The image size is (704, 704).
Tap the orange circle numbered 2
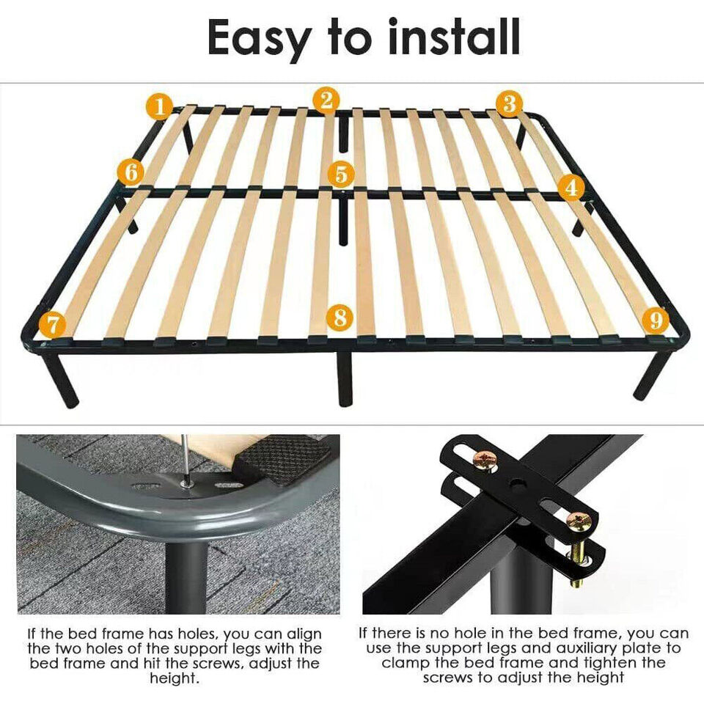[326, 100]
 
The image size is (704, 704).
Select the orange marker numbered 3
[510, 103]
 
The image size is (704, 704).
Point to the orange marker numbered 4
[571, 187]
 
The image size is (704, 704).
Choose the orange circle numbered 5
[341, 174]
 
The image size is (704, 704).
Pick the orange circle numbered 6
[131, 172]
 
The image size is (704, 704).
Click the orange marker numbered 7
[53, 324]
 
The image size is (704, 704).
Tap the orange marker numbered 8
[340, 318]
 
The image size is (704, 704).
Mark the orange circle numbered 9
[656, 320]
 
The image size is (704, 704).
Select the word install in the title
[454, 37]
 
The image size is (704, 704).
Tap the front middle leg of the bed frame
[345, 378]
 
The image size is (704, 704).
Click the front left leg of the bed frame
[60, 381]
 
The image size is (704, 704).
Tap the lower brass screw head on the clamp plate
[579, 521]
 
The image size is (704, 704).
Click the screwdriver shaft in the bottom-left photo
[183, 458]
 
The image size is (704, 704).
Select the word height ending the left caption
[175, 678]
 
